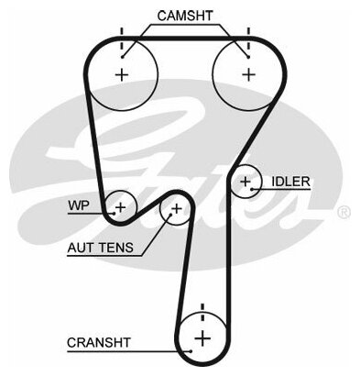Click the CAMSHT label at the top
[x=185, y=16]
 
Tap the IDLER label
[x=290, y=182]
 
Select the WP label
[x=79, y=205]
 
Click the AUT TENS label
[x=101, y=248]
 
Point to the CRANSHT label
[x=99, y=343]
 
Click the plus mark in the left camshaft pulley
[x=122, y=74]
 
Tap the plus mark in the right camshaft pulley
[x=249, y=74]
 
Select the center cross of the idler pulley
[x=245, y=182]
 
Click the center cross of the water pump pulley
[x=121, y=207]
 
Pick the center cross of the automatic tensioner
[x=177, y=209]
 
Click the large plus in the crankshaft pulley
[x=202, y=338]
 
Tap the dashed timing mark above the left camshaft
[x=122, y=39]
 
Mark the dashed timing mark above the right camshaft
[x=248, y=39]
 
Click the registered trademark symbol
[x=344, y=212]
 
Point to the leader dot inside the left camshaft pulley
[x=122, y=57]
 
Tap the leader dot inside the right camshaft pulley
[x=248, y=57]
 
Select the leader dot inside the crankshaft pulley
[x=191, y=351]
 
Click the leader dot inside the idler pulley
[x=252, y=189]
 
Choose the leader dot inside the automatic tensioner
[x=170, y=215]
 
